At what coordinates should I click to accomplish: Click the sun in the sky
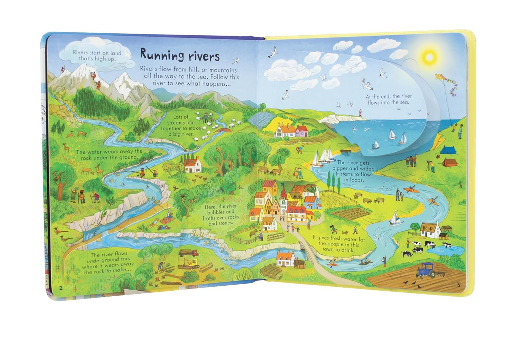pyautogui.click(x=429, y=56)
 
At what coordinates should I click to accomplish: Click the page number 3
pyautogui.click(x=458, y=285)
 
